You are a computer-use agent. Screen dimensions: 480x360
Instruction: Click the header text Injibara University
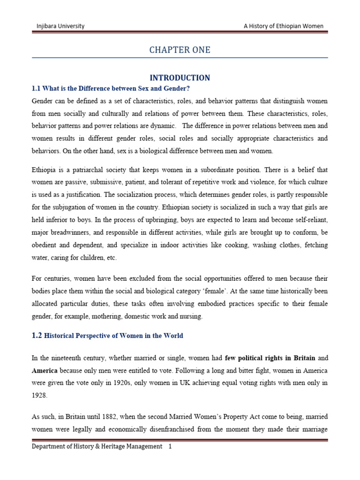[60, 26]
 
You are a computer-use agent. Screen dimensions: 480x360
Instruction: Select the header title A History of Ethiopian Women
[283, 26]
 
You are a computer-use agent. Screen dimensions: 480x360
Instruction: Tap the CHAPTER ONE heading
[180, 50]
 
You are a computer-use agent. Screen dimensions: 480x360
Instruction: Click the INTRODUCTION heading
[180, 78]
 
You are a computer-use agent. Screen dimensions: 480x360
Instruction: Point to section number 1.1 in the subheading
[37, 89]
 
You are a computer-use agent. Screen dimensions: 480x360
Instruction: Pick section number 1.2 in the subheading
[37, 336]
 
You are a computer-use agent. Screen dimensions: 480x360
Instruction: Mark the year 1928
[39, 395]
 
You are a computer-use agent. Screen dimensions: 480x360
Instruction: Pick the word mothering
[98, 316]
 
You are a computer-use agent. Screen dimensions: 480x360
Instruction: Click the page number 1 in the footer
[170, 447]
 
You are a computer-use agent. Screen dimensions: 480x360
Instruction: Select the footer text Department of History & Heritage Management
[97, 447]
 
